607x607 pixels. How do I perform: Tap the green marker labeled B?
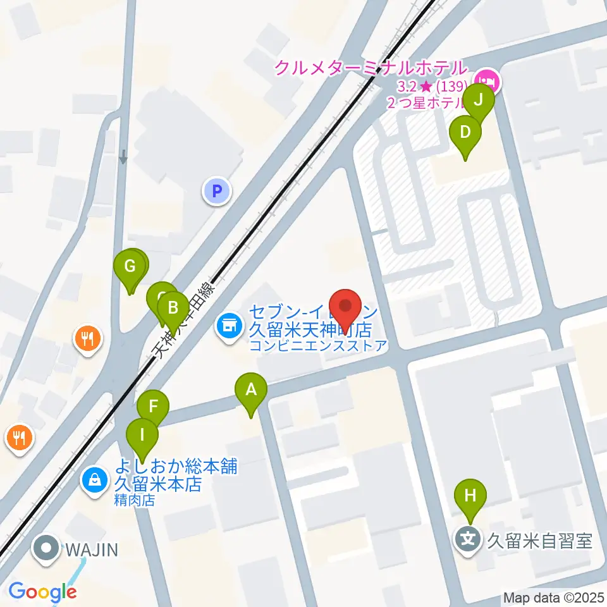pos(172,309)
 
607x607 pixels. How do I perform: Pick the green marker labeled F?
pos(153,407)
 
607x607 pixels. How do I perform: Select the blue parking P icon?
pos(217,190)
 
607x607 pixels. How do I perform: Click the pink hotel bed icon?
pos(487,81)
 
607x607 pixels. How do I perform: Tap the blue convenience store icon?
pos(228,326)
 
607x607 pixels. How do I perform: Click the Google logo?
pos(42,592)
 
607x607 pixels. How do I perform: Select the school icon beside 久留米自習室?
pos(469,541)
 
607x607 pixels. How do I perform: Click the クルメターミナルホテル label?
pos(370,67)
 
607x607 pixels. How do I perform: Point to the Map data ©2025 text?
pos(553,597)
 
